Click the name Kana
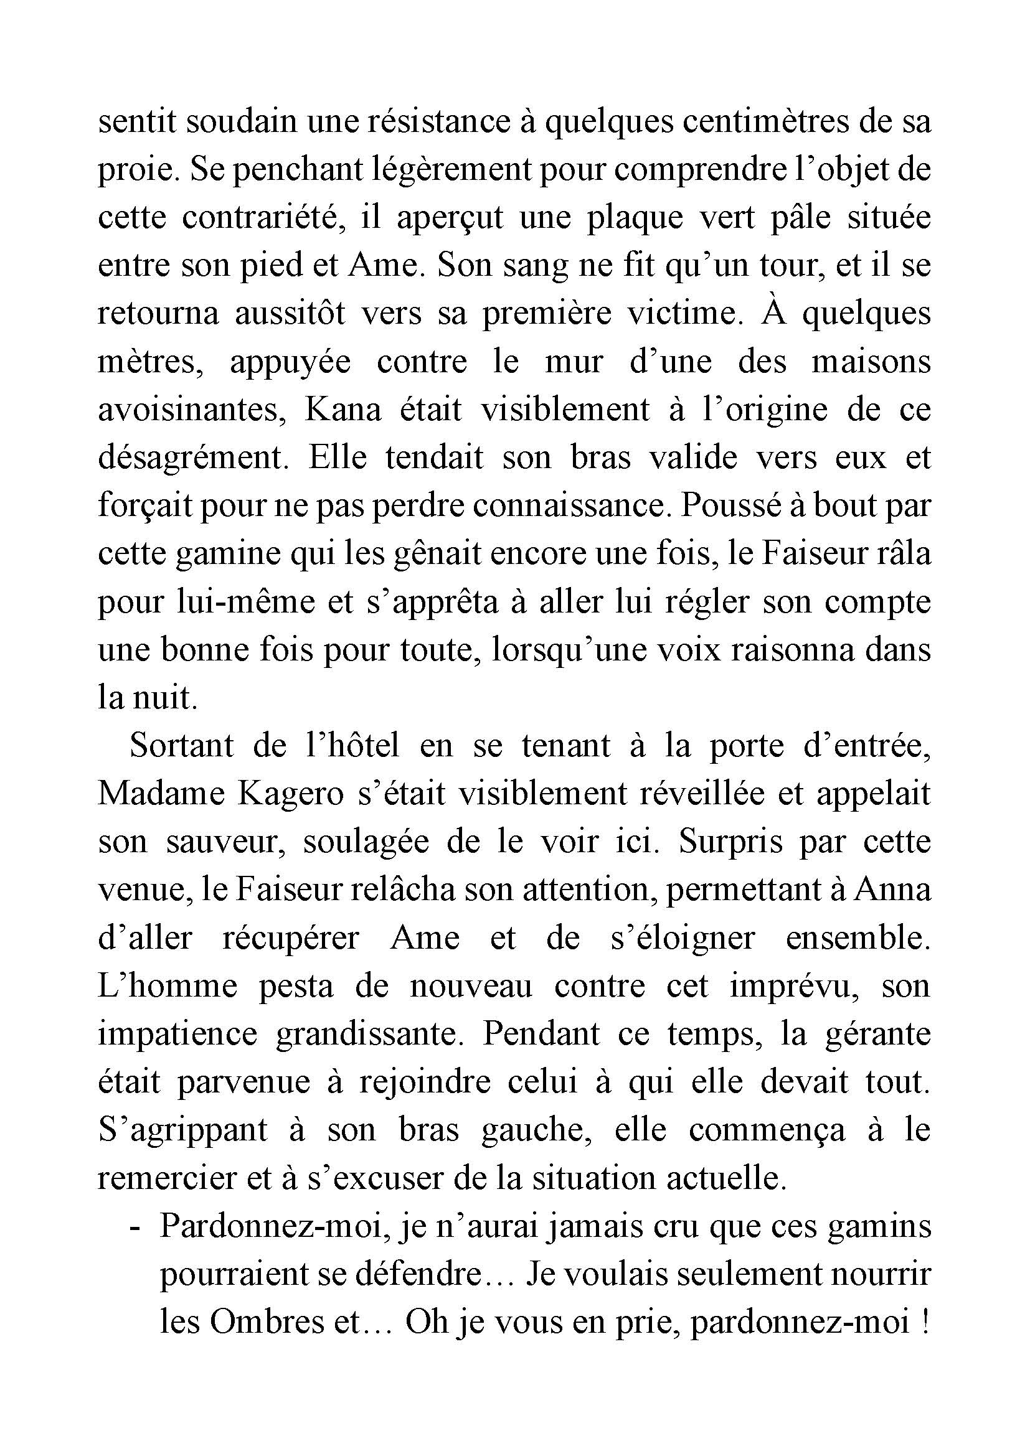pos(343,410)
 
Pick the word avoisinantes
pos(191,410)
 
